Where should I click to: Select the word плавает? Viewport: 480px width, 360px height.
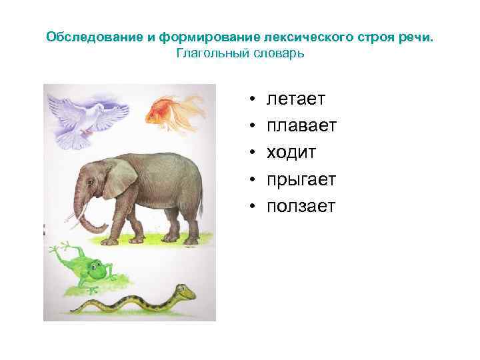301,126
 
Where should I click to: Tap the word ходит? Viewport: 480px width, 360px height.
291,153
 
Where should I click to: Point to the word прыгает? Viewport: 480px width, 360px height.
301,180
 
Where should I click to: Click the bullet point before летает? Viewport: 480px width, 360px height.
254,100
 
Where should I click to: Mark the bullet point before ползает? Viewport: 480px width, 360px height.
254,207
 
